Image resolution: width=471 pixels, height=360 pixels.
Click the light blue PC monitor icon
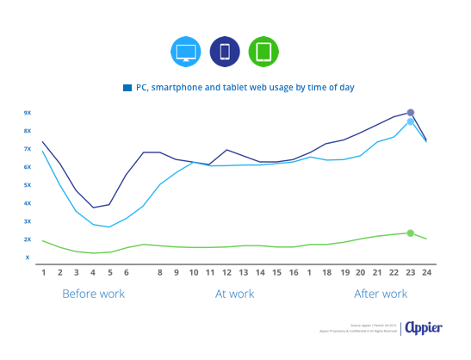pos(186,53)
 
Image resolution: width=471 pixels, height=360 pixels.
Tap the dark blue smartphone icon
pos(223,53)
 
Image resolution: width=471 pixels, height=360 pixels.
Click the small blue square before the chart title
pos(127,88)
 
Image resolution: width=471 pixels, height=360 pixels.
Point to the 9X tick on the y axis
pos(28,113)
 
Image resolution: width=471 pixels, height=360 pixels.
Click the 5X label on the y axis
pos(28,185)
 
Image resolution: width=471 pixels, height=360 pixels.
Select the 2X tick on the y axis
pos(28,239)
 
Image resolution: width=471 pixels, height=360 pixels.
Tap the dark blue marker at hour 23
pos(411,113)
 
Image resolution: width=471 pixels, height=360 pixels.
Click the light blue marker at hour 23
pos(411,122)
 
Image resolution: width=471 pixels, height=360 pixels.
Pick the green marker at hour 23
pos(411,233)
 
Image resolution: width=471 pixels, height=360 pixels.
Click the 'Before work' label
pos(94,294)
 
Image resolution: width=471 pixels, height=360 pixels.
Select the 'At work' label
pos(234,294)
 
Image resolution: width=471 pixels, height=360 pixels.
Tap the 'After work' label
pos(381,294)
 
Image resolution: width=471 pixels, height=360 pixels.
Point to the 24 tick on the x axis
pos(426,272)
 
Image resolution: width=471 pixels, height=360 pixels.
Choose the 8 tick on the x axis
pos(160,272)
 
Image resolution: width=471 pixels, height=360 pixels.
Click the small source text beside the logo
pos(362,328)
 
